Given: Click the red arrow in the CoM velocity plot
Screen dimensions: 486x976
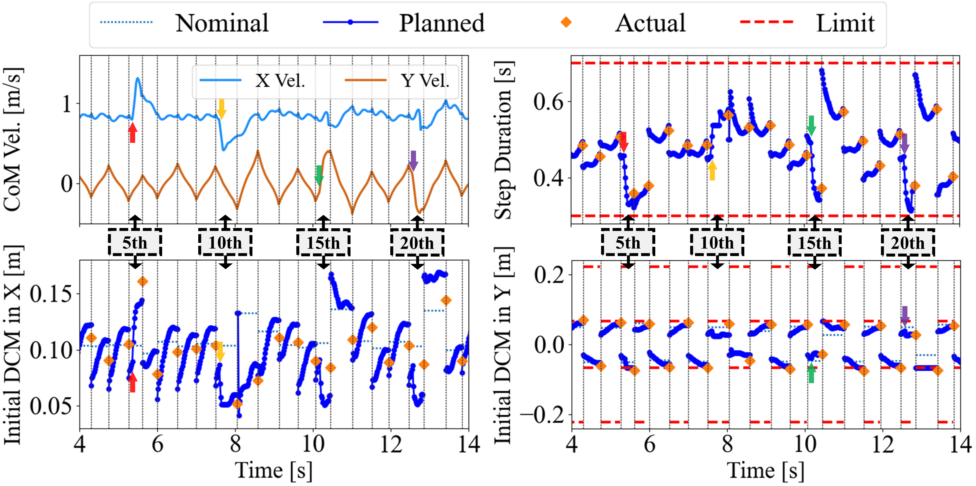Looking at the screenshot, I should pos(132,132).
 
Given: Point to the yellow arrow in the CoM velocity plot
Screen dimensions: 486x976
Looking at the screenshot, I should pos(222,109).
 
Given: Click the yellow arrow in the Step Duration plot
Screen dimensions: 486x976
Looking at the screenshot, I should pos(712,170).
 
